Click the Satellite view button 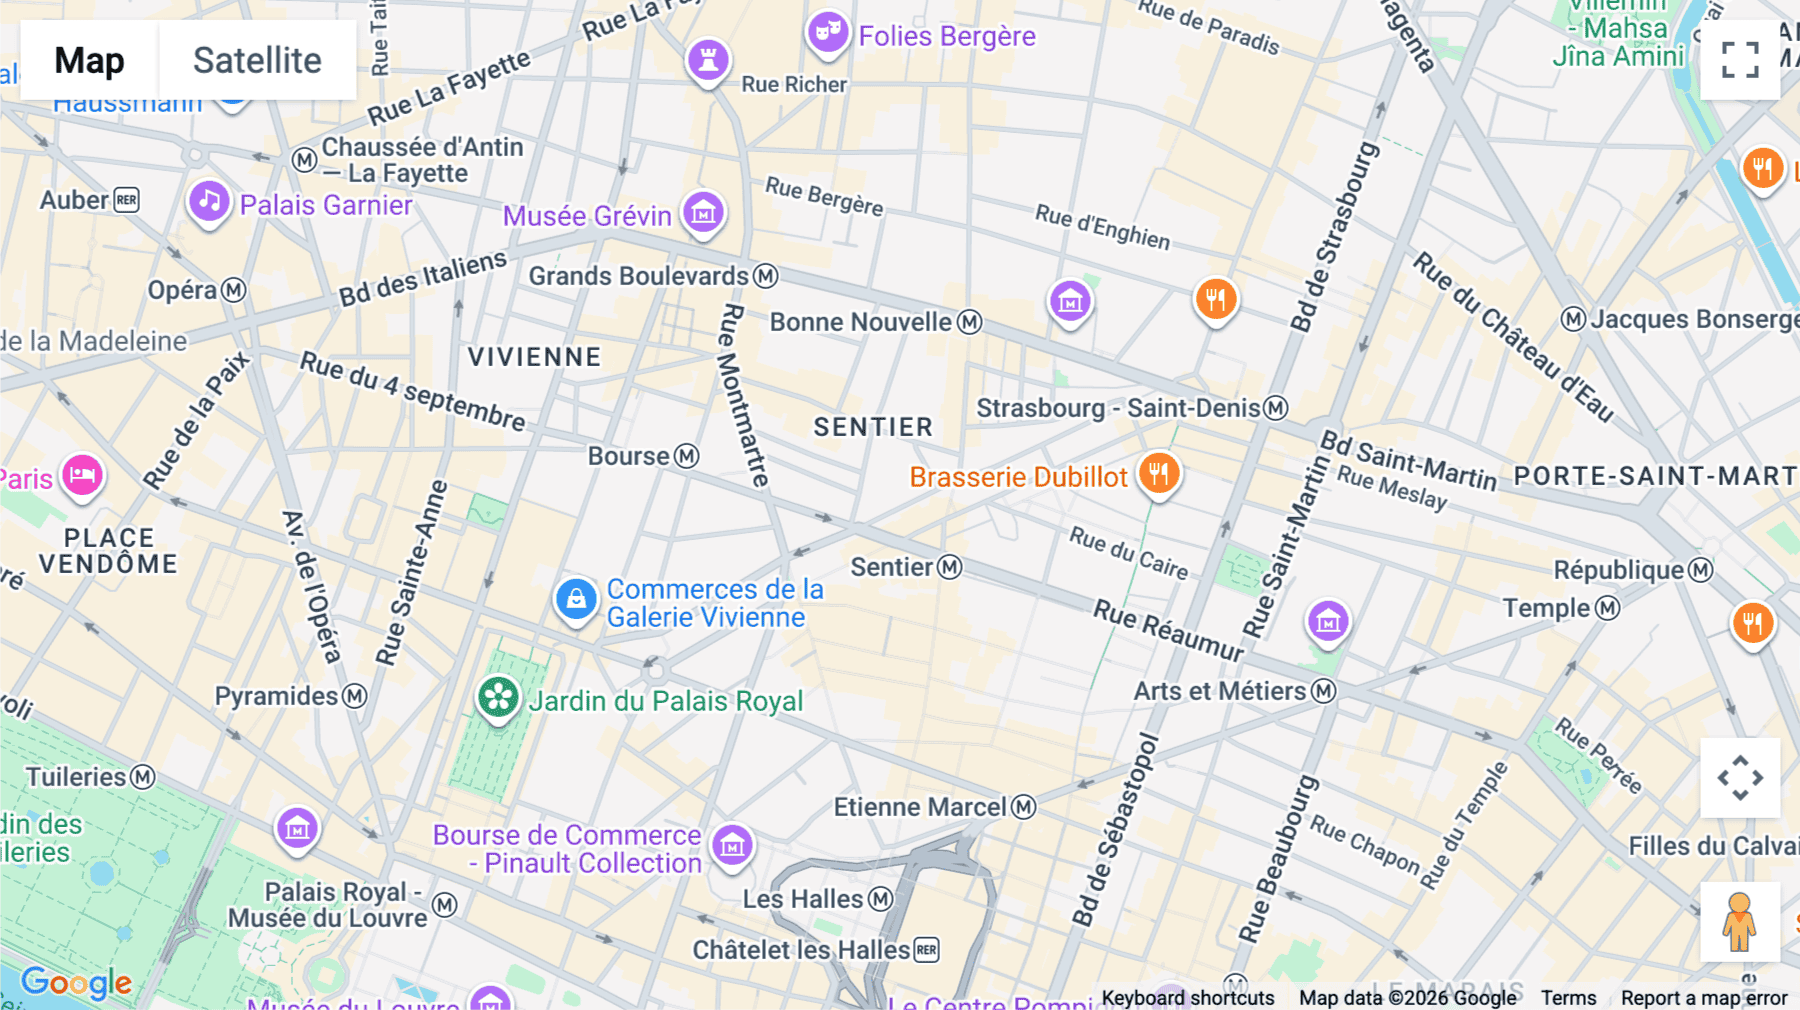click(257, 60)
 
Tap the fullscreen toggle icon click(1740, 60)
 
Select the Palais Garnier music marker click(209, 202)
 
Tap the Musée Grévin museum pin click(703, 212)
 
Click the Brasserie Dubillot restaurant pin click(1158, 474)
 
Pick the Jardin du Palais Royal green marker click(498, 698)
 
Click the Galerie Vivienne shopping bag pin click(576, 600)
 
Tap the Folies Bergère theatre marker click(828, 32)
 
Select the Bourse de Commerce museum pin click(732, 846)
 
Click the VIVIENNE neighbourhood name click(534, 357)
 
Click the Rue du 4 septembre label click(412, 391)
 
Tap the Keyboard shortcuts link click(1187, 997)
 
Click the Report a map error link click(1703, 997)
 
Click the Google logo click(76, 983)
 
